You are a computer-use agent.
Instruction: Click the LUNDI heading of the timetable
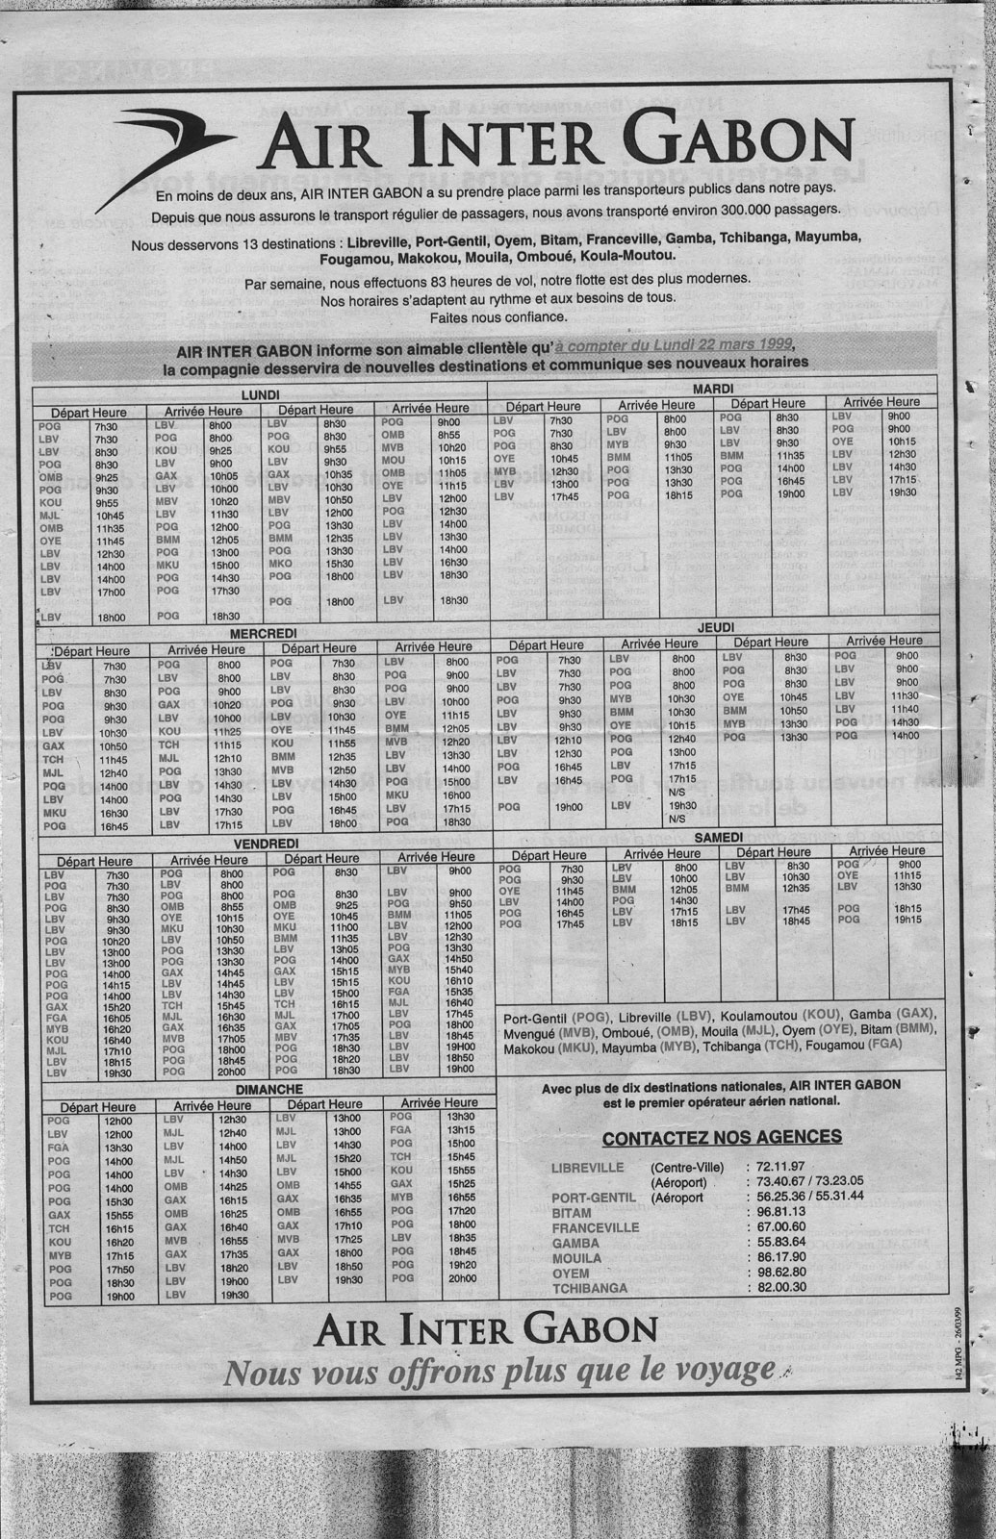click(x=260, y=395)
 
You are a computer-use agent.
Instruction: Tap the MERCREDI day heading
click(x=263, y=634)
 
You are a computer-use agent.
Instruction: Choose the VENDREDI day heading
click(x=263, y=843)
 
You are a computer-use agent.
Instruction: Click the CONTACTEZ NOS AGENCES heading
click(x=721, y=1137)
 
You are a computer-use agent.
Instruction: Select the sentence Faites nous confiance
click(x=498, y=315)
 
